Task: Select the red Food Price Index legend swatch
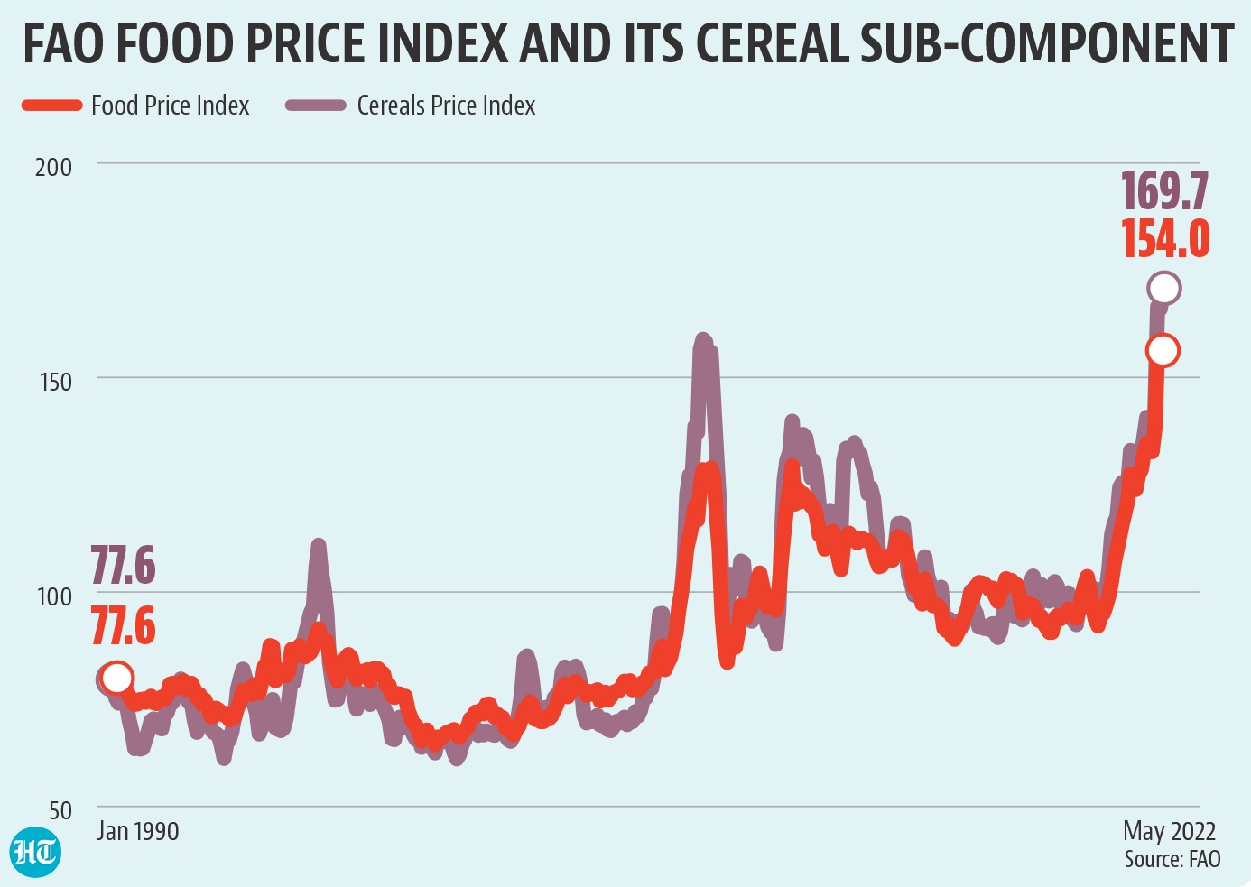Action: [51, 106]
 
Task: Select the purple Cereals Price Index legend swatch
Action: [316, 106]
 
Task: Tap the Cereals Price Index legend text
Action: [446, 106]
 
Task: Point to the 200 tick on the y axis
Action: [53, 167]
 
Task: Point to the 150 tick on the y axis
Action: [55, 381]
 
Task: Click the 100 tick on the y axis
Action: [54, 596]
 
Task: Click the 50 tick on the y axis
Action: [60, 810]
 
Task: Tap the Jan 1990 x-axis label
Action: [137, 831]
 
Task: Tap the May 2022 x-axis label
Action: [1169, 831]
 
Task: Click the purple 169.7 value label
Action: [1164, 191]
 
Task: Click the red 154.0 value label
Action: [1165, 239]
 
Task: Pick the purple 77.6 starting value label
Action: [123, 567]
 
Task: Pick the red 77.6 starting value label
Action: [123, 626]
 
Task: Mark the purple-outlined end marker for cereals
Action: [1164, 289]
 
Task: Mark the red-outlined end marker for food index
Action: [1163, 350]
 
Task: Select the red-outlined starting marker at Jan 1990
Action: [116, 677]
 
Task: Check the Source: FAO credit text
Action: [1172, 859]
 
